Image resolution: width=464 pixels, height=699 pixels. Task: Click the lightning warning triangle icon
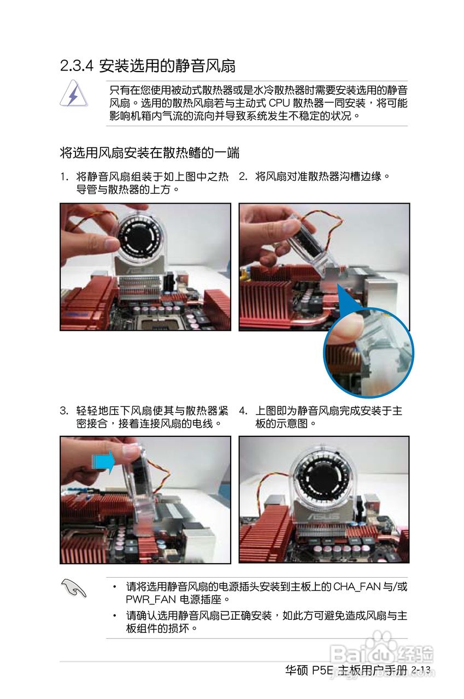[74, 93]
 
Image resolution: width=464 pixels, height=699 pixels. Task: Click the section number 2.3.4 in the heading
[77, 66]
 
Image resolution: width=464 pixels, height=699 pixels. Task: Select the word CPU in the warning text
[279, 103]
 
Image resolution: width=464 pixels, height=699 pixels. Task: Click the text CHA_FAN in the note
[356, 587]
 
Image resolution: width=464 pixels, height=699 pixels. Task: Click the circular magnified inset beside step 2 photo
[368, 353]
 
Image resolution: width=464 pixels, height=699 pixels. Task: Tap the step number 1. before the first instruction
[64, 177]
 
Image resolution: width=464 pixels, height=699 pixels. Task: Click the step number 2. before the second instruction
[243, 176]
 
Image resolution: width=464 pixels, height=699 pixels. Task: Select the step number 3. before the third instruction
[64, 411]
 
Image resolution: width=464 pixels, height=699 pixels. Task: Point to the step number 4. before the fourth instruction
[243, 411]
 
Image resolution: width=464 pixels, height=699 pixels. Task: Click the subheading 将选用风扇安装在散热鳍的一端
[150, 153]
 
